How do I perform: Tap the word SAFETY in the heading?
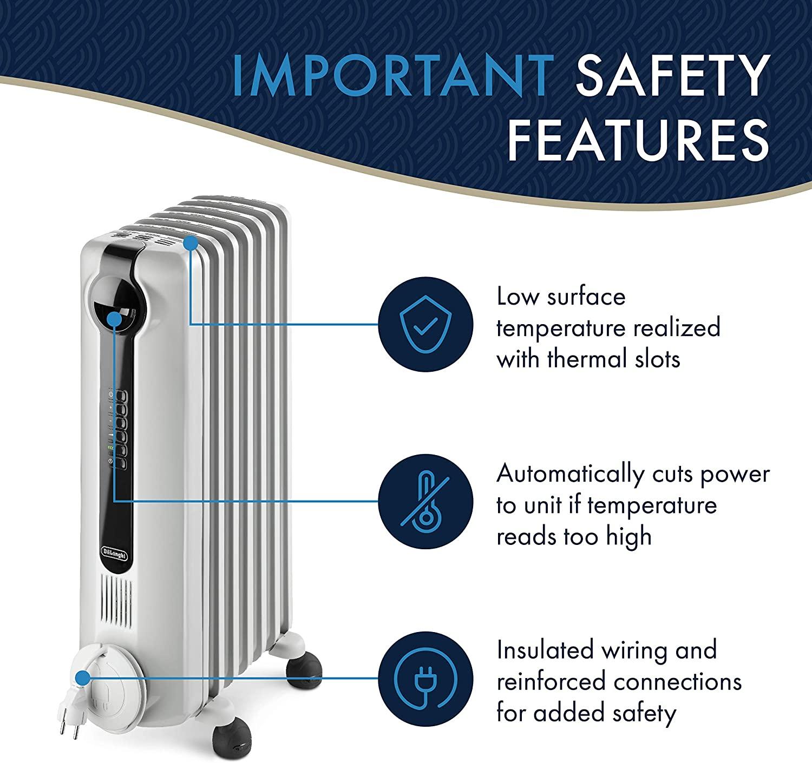tap(672, 76)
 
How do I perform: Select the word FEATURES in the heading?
tap(638, 141)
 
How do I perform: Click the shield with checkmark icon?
tap(425, 324)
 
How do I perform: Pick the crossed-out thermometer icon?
tap(425, 501)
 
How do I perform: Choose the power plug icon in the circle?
tap(425, 679)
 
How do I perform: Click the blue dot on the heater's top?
tap(191, 244)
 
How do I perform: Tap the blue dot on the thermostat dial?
tap(115, 319)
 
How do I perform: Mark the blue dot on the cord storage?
tap(83, 678)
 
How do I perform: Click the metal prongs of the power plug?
tap(69, 729)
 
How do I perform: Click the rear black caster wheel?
tap(304, 671)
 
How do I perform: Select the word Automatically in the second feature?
tap(571, 475)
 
